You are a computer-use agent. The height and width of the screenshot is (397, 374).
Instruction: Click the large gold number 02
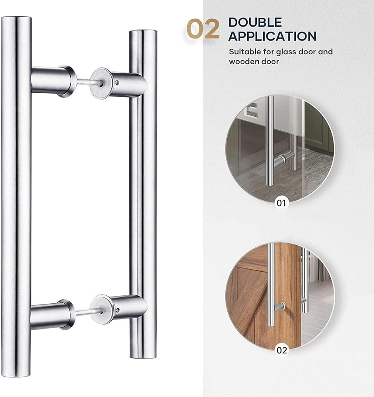click(203, 29)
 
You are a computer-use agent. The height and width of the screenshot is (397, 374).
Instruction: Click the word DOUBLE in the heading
click(255, 23)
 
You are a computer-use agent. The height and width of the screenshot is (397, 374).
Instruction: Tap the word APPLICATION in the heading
click(272, 36)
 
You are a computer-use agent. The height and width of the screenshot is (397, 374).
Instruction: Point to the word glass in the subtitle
click(286, 52)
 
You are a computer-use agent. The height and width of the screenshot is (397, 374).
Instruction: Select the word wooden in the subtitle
click(244, 62)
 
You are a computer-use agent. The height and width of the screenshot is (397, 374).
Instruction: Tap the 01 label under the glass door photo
click(281, 203)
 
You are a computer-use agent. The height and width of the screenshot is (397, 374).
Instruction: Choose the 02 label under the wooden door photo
click(281, 351)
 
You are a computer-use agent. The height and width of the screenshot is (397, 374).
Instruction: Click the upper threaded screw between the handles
click(88, 81)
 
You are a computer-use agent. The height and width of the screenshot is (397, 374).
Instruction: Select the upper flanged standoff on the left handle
click(54, 81)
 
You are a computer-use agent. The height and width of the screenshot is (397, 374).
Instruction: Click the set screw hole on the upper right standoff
click(117, 82)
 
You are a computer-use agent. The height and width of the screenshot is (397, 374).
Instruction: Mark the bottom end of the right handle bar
click(143, 357)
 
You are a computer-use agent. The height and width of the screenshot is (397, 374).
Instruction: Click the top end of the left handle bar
click(16, 18)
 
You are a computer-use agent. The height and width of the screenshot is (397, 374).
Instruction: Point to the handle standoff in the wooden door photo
click(279, 307)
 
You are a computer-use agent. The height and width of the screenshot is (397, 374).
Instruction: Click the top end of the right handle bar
click(143, 31)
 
